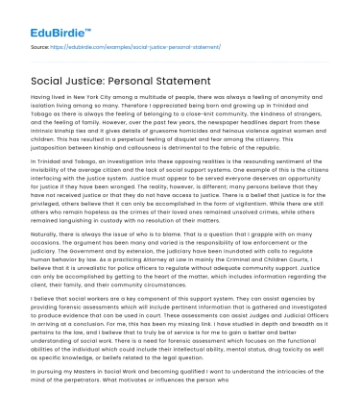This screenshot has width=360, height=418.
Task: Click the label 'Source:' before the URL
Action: (x=40, y=46)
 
